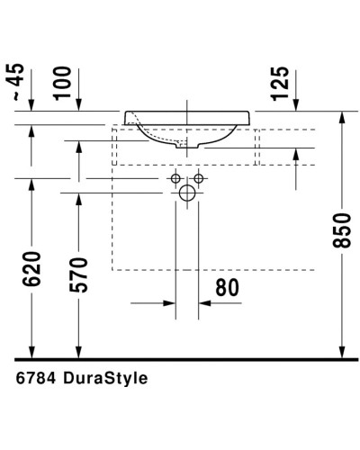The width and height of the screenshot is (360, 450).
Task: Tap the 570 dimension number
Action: pyautogui.click(x=78, y=275)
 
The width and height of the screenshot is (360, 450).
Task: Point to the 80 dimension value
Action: pyautogui.click(x=227, y=288)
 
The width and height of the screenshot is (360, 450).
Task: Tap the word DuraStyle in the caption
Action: pyautogui.click(x=107, y=379)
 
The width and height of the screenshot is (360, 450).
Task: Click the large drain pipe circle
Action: pyautogui.click(x=187, y=193)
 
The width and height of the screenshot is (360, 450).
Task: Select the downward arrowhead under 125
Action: pyautogui.click(x=296, y=105)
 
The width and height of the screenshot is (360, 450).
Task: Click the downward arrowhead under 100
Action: pyautogui.click(x=78, y=105)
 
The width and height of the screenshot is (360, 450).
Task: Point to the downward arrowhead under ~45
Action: pyautogui.click(x=32, y=105)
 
